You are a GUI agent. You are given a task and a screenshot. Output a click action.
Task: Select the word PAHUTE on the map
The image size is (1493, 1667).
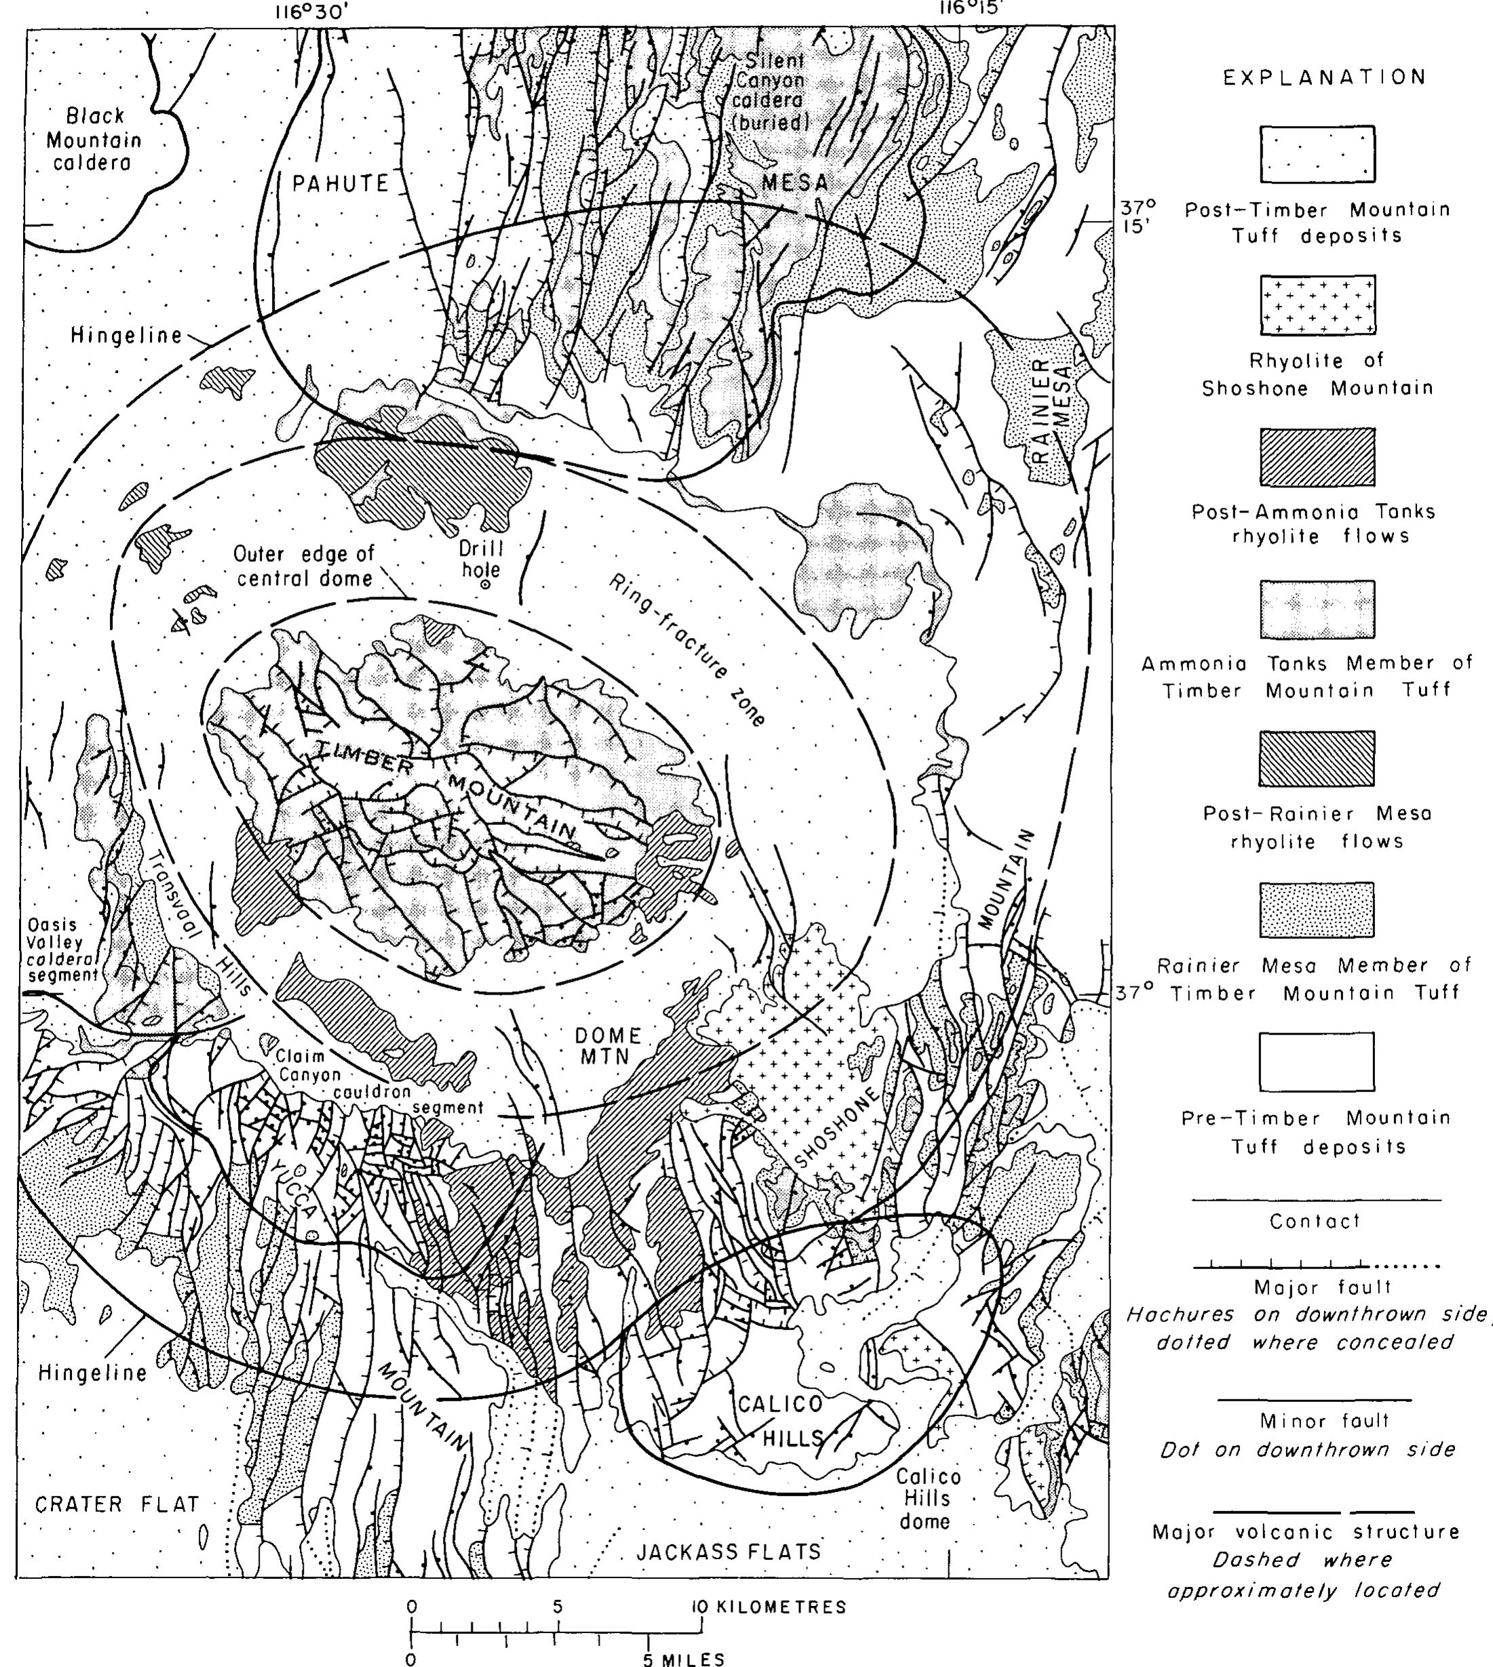point(341,184)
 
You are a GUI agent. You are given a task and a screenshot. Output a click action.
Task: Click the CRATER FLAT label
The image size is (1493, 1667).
point(117,1504)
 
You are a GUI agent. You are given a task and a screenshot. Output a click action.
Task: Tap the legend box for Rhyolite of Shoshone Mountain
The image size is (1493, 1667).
point(1317,305)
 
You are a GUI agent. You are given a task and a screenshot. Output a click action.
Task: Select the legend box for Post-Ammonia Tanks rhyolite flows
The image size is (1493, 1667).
point(1317,457)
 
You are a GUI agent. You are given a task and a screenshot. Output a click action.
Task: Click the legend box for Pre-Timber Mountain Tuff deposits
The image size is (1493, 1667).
point(1317,1062)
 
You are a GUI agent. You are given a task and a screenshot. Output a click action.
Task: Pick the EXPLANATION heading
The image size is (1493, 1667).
point(1324,78)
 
